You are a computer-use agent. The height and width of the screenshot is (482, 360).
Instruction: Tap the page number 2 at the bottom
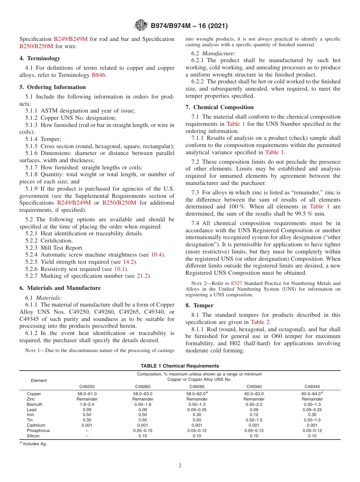180,465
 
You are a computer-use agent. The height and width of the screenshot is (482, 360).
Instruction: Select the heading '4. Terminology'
40,58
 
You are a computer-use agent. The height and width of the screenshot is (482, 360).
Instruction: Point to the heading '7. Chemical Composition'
219,107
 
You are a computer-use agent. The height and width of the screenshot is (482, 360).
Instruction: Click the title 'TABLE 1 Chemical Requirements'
180,366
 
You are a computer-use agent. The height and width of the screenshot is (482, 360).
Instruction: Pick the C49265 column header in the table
197,387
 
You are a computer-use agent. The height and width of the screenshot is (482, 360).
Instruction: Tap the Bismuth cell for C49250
87,404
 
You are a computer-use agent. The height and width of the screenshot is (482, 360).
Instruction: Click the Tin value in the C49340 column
254,420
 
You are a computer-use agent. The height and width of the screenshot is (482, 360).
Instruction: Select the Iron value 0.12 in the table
254,415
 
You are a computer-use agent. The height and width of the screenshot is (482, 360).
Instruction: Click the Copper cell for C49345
312,394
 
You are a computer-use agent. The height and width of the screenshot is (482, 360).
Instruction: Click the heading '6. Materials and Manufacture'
60,288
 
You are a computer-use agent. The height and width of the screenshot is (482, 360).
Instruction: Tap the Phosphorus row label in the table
38,430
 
